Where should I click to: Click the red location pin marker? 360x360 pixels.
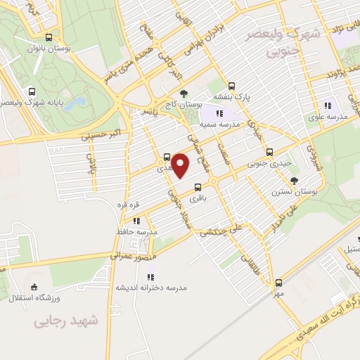[181, 166]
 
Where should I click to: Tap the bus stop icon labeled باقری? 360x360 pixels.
[198, 188]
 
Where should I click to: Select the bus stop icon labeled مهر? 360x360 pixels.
[279, 282]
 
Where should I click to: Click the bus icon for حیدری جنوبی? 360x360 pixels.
[269, 152]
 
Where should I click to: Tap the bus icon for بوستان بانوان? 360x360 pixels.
[48, 38]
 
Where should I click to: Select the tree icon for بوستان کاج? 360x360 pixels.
[184, 94]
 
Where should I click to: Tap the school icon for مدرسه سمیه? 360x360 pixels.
[219, 112]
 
